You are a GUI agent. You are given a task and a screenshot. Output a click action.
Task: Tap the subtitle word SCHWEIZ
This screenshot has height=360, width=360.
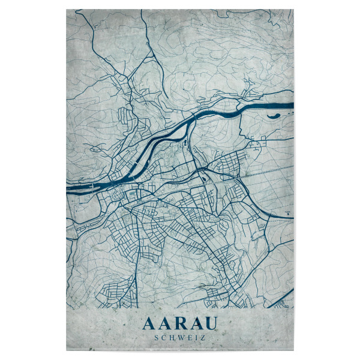coord(179,338)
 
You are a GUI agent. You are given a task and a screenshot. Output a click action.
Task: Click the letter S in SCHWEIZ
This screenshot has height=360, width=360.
coord(157,338)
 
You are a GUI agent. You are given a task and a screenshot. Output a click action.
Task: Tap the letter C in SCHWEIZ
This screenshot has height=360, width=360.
coord(164,338)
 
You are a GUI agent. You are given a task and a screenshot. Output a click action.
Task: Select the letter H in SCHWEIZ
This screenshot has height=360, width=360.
coord(172,338)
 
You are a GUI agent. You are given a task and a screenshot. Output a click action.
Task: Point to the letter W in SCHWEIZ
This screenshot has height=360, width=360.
coord(181,338)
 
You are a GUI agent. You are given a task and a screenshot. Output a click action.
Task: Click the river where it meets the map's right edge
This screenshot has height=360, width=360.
coord(291,106)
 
